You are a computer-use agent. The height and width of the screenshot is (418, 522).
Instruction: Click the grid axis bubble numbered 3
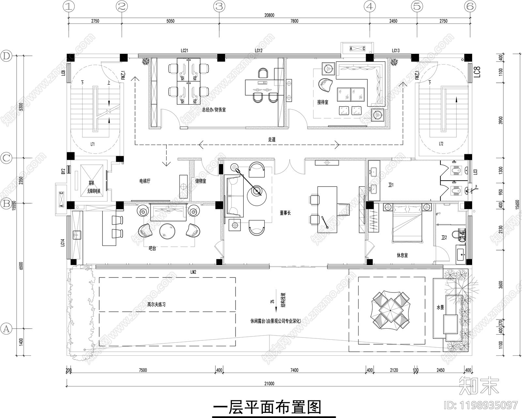point(219,6)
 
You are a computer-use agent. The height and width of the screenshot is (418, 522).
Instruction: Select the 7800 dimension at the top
point(294,21)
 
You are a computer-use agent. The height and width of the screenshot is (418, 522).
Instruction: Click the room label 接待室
point(323,102)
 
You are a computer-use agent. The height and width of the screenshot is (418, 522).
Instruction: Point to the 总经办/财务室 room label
point(214,110)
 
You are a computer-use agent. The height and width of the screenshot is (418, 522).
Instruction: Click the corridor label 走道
point(272,139)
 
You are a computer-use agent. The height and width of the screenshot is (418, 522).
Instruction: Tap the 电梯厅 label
point(145,181)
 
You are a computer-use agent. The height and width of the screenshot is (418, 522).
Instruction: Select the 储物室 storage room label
point(201,181)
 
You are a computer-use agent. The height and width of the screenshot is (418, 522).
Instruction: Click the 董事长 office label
point(285,213)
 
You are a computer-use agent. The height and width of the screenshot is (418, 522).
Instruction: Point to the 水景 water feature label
point(440,307)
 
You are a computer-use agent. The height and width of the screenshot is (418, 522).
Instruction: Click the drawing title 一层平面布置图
point(267,407)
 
